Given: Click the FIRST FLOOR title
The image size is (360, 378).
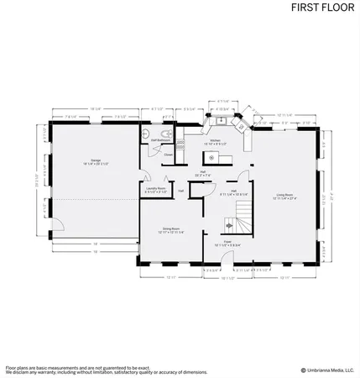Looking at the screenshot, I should click(x=321, y=8).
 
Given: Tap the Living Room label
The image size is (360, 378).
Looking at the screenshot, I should click(x=285, y=197).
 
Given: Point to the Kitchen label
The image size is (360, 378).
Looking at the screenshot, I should click(x=215, y=142).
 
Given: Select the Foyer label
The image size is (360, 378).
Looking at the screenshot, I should click(x=227, y=244).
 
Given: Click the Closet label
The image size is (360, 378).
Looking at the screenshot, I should click(x=169, y=155).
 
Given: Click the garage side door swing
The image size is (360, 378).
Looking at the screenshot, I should click(x=58, y=225).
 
